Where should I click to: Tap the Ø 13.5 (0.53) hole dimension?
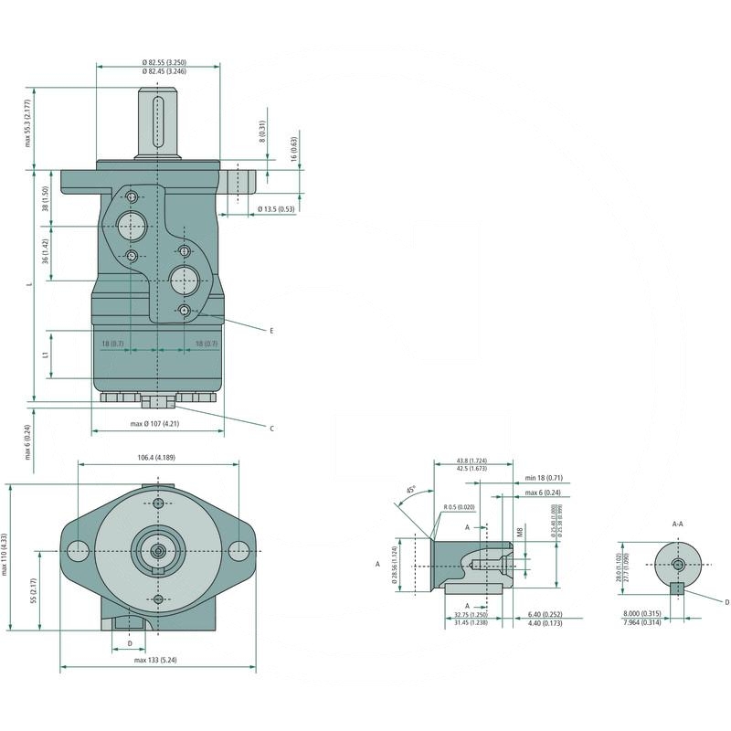pyautogui.click(x=276, y=209)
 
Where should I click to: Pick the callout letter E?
pyautogui.click(x=271, y=329)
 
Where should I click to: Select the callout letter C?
pyautogui.click(x=271, y=428)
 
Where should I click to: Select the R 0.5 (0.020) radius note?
pyautogui.click(x=457, y=507)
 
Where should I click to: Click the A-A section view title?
pyautogui.click(x=678, y=524)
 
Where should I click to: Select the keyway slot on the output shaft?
pyautogui.click(x=158, y=121)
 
